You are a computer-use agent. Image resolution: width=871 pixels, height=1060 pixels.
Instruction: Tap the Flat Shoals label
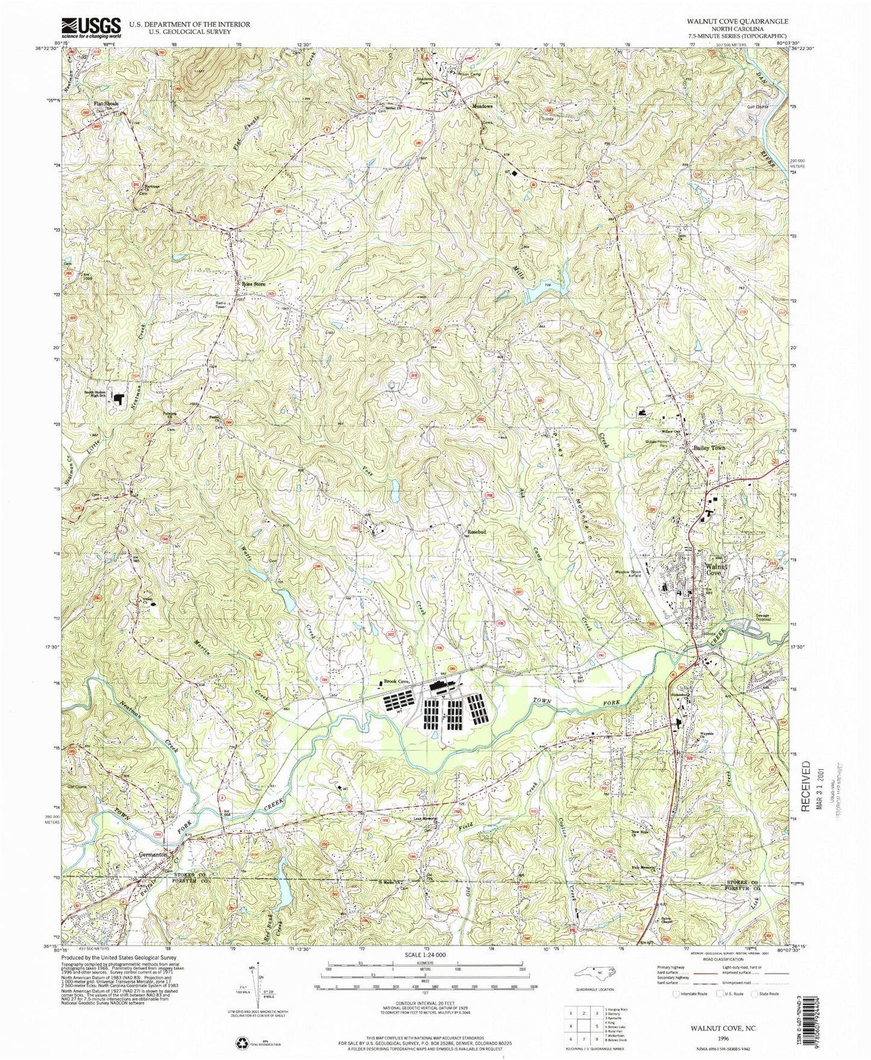click(x=105, y=104)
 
